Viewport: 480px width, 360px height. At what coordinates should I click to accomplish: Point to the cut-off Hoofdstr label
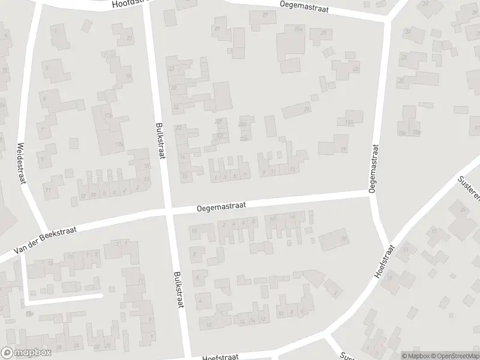click(130, 4)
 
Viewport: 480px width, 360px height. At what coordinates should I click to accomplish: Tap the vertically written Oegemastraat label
click(374, 167)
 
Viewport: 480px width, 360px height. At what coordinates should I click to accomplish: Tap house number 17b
click(109, 115)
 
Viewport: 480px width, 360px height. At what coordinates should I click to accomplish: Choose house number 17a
click(119, 144)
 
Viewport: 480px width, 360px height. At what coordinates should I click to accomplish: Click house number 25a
click(298, 29)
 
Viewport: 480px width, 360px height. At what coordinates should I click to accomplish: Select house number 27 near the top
click(265, 14)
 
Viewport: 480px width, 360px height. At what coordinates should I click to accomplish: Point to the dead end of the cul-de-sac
click(101, 295)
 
